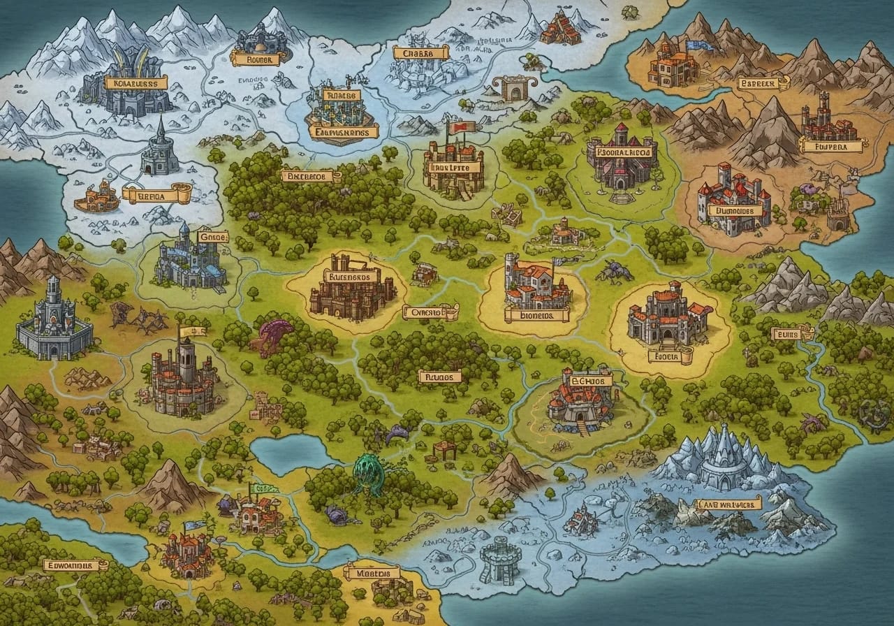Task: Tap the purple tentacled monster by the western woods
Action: tap(274, 334)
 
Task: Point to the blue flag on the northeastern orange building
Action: tap(696, 47)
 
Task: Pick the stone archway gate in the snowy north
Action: tap(513, 89)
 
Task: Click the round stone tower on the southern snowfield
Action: tap(500, 559)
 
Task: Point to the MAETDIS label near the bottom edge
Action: tap(372, 573)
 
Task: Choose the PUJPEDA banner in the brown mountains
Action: tap(831, 147)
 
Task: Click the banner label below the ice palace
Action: tap(727, 504)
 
